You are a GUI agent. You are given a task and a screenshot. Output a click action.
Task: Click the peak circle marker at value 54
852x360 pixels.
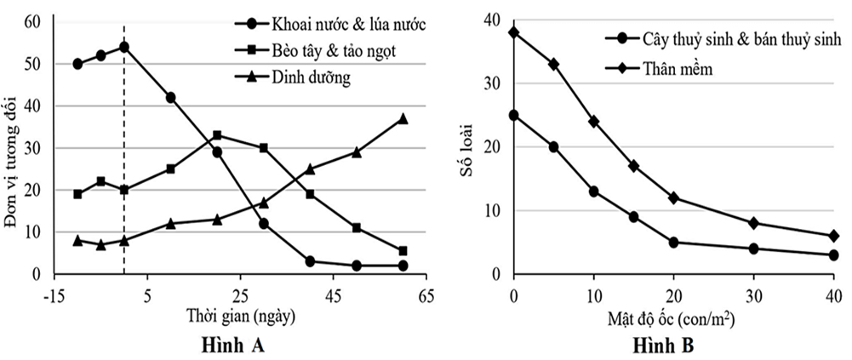[x=124, y=47]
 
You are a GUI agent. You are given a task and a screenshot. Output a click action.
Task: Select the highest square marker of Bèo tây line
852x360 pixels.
[x=217, y=135]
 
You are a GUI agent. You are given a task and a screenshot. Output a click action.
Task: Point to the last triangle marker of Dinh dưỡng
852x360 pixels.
[x=403, y=118]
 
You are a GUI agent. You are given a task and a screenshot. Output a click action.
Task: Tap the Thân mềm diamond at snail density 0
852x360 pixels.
[x=513, y=32]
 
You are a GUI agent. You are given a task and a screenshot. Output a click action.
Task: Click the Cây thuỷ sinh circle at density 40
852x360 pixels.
[x=833, y=255]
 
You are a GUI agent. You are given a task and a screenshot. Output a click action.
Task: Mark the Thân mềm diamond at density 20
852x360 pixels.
[x=673, y=197]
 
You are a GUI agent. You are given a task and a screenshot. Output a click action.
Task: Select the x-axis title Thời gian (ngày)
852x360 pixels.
[x=241, y=315]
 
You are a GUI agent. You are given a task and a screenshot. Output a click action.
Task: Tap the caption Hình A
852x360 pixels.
[x=236, y=346]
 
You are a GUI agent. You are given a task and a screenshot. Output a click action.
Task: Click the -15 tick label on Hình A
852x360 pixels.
[x=54, y=294]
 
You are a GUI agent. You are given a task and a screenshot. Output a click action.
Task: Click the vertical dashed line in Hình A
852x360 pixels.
[x=124, y=170]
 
